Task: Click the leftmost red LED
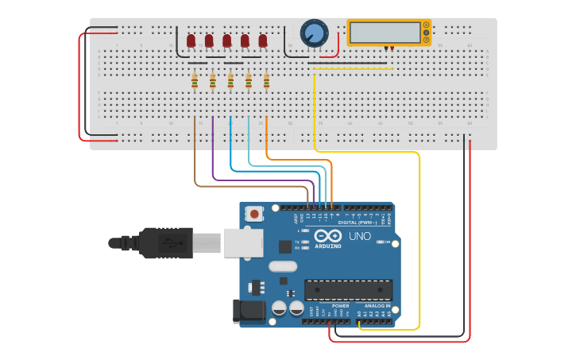(191, 41)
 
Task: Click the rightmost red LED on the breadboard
(263, 41)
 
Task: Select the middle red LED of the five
(227, 41)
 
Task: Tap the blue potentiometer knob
(314, 33)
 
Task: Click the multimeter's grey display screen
(385, 32)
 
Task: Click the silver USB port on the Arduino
(243, 242)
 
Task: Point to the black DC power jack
(248, 312)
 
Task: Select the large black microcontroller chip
(348, 290)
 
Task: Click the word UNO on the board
(360, 236)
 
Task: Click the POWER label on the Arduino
(340, 306)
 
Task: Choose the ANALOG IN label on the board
(377, 306)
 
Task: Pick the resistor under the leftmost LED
(195, 81)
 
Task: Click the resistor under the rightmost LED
(266, 81)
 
